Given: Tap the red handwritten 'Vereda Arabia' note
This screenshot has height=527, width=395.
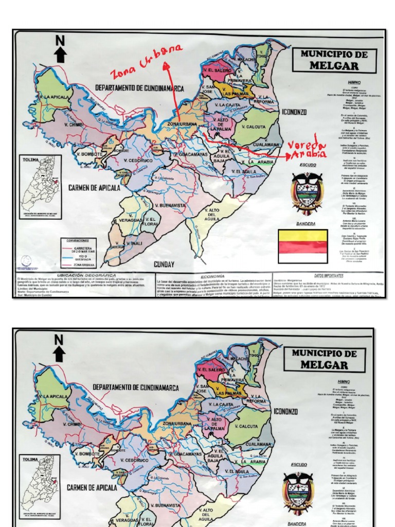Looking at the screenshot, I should click(308, 149).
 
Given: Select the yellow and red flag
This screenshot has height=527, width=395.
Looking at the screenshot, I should click(302, 247).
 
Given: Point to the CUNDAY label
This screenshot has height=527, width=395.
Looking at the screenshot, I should click(164, 265).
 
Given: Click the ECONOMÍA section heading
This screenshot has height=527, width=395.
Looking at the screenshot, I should click(212, 276).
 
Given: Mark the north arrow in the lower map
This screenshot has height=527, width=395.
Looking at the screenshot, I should click(59, 348).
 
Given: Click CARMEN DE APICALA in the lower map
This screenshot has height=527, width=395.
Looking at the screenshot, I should click(92, 487).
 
